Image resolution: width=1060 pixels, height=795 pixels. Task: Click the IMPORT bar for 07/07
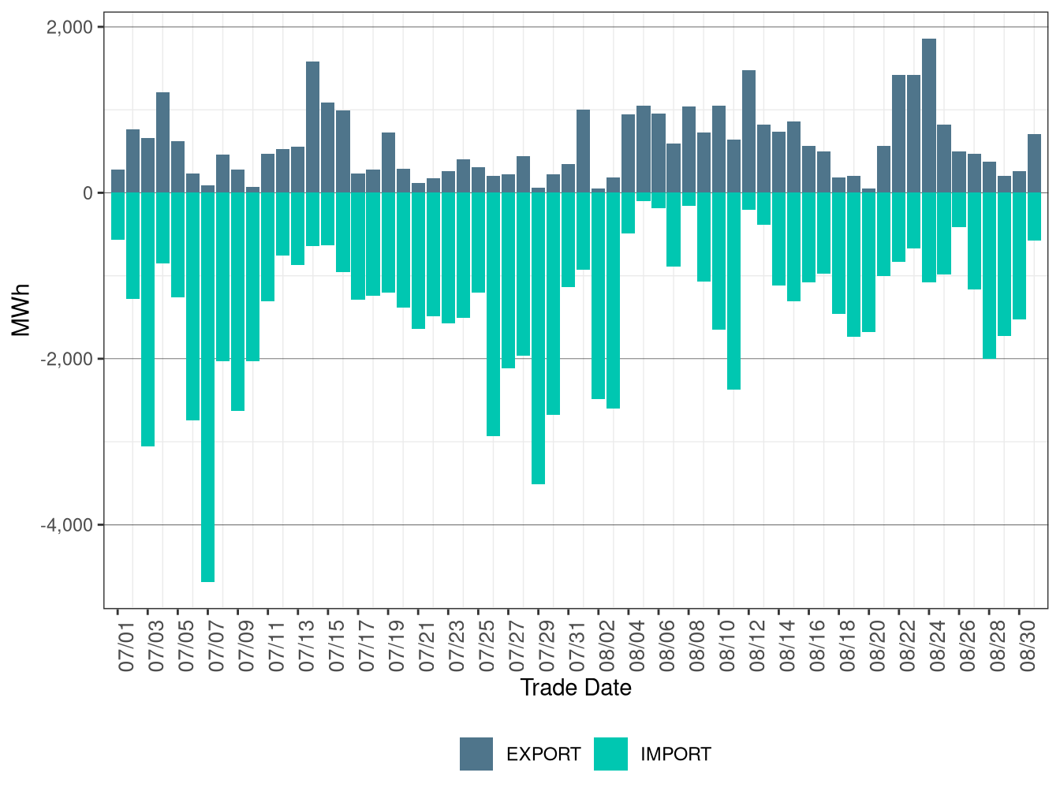(x=208, y=386)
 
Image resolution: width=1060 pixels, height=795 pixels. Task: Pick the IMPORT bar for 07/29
(x=539, y=338)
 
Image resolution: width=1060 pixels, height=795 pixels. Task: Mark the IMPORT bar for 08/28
(x=989, y=275)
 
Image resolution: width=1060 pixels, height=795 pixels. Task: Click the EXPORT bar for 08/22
(x=899, y=134)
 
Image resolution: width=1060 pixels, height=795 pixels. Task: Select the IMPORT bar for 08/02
(x=614, y=300)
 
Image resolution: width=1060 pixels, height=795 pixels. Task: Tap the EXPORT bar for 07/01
(x=118, y=181)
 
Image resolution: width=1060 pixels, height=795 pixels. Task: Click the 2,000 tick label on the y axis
(x=69, y=28)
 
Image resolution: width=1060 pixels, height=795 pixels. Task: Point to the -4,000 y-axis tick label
(x=66, y=525)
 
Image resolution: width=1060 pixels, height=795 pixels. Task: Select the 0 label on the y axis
(x=88, y=193)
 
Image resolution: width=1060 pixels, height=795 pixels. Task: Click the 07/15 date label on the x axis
(x=337, y=646)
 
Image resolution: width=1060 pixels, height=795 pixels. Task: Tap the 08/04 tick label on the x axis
(x=637, y=646)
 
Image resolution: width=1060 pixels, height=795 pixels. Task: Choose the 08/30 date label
(x=1028, y=646)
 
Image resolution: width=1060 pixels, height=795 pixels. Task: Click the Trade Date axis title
(x=576, y=688)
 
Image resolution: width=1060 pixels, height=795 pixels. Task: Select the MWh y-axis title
(x=21, y=310)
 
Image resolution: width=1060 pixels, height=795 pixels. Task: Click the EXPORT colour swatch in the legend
(x=476, y=754)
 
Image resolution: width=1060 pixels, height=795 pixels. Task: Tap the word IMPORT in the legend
(x=675, y=755)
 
